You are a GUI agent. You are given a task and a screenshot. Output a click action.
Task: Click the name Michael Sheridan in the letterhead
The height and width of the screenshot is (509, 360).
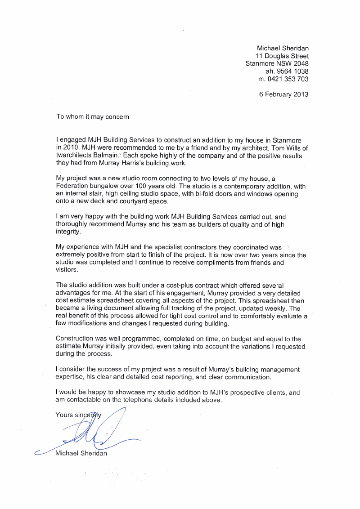pos(282,48)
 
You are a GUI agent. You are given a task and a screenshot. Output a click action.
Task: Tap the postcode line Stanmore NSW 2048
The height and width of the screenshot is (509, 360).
pos(276,63)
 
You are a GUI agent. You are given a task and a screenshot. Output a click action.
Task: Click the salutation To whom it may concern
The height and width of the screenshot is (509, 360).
pos(92,116)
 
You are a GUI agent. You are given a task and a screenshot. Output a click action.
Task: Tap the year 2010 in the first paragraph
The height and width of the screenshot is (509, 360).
pos(72,147)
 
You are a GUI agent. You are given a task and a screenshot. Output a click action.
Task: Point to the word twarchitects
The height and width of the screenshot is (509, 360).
pos(74,155)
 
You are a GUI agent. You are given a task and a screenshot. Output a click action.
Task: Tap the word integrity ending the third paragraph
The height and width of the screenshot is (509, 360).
pos(67,232)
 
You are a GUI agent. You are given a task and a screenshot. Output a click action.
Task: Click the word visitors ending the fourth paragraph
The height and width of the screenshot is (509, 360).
pos(67,270)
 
